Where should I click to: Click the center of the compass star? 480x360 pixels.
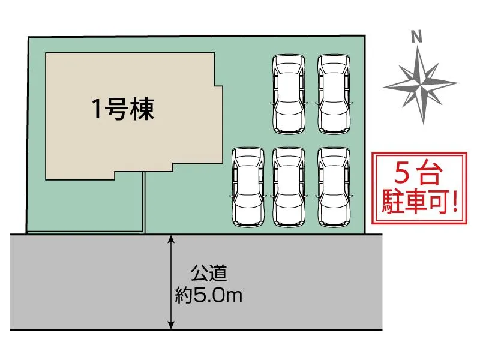coord(421,83)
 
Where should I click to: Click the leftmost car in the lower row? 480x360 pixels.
coord(248,187)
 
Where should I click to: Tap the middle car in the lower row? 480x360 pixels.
coord(289,187)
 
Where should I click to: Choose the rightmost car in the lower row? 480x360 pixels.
coord(334,187)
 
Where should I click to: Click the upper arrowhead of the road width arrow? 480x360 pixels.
coord(172,239)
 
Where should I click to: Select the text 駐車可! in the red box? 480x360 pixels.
coord(420,202)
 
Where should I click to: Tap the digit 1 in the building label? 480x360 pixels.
coord(96,109)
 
